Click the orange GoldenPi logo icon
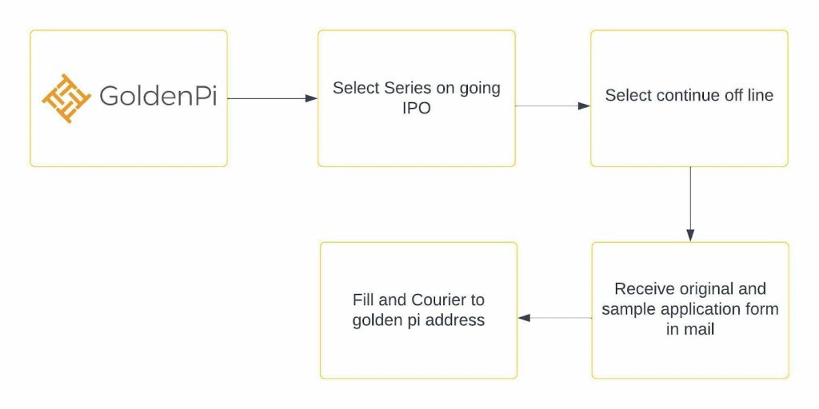[x=66, y=98]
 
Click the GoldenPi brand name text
[x=158, y=96]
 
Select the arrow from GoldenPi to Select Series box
[x=273, y=98]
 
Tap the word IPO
[x=416, y=109]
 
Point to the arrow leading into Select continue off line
[x=553, y=106]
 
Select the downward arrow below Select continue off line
[x=690, y=204]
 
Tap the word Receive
[x=641, y=288]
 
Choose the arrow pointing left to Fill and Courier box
[x=555, y=318]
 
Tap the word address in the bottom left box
[x=455, y=320]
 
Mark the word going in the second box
[x=479, y=89]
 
